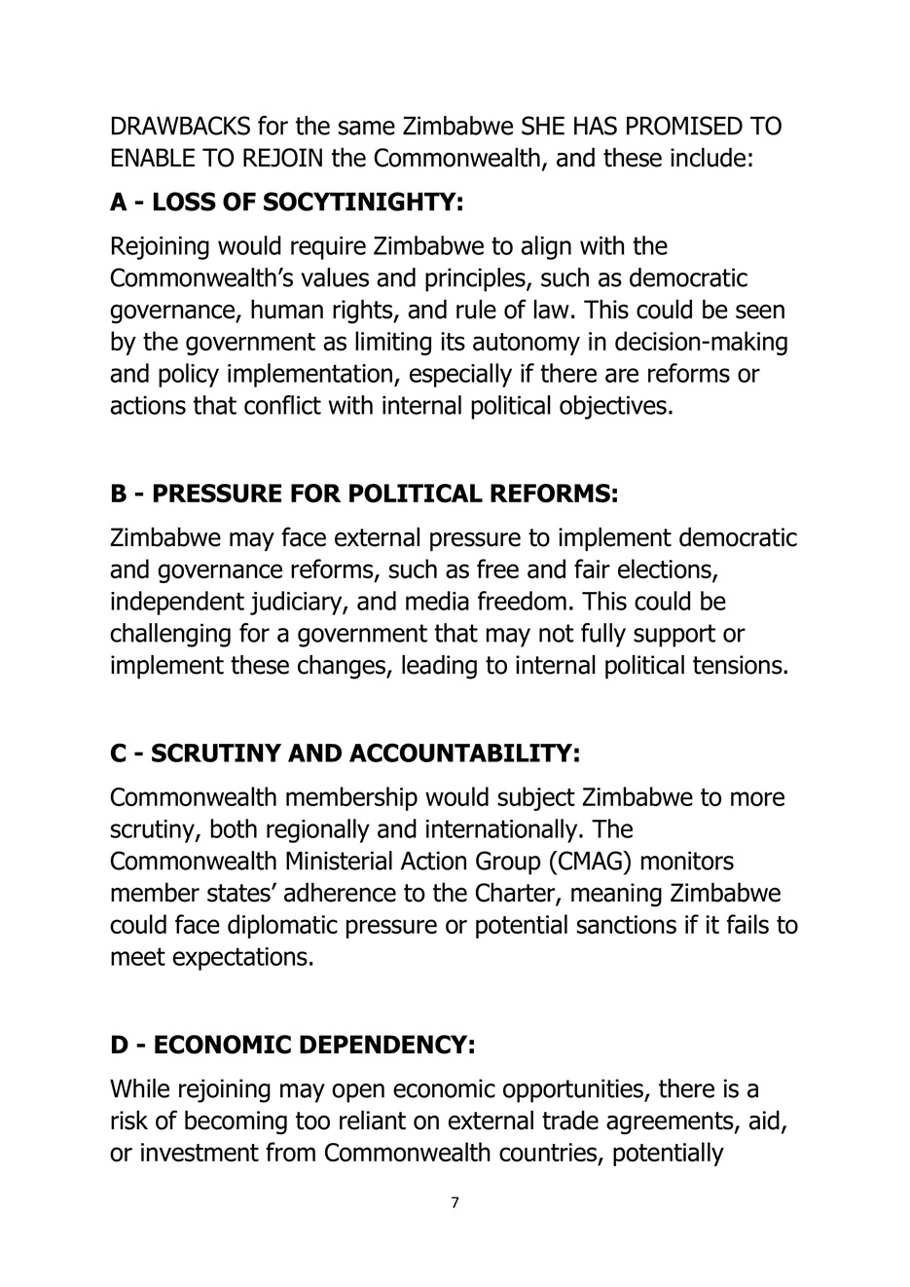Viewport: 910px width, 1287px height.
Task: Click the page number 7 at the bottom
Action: [455, 1203]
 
